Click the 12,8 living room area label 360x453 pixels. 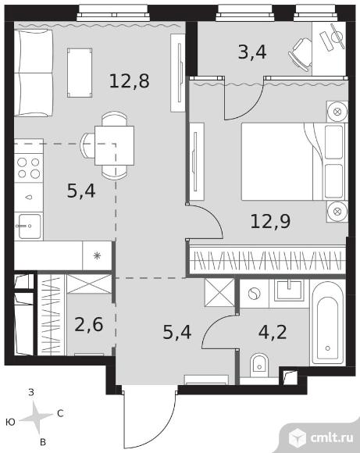click(130, 81)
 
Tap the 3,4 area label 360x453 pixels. click(252, 52)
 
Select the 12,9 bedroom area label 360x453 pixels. click(270, 222)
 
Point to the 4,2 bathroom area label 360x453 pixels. click(273, 332)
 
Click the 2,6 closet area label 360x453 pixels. click(89, 324)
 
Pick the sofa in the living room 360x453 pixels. click(34, 73)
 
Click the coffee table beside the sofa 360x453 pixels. click(80, 73)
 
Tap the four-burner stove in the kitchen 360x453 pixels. click(29, 168)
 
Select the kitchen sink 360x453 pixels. click(29, 226)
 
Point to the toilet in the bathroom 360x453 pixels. click(259, 365)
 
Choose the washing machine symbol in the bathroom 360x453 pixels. click(254, 294)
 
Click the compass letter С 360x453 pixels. click(60, 414)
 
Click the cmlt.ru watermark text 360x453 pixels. click(332, 438)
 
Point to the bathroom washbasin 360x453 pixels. click(289, 291)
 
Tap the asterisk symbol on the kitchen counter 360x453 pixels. click(97, 255)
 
